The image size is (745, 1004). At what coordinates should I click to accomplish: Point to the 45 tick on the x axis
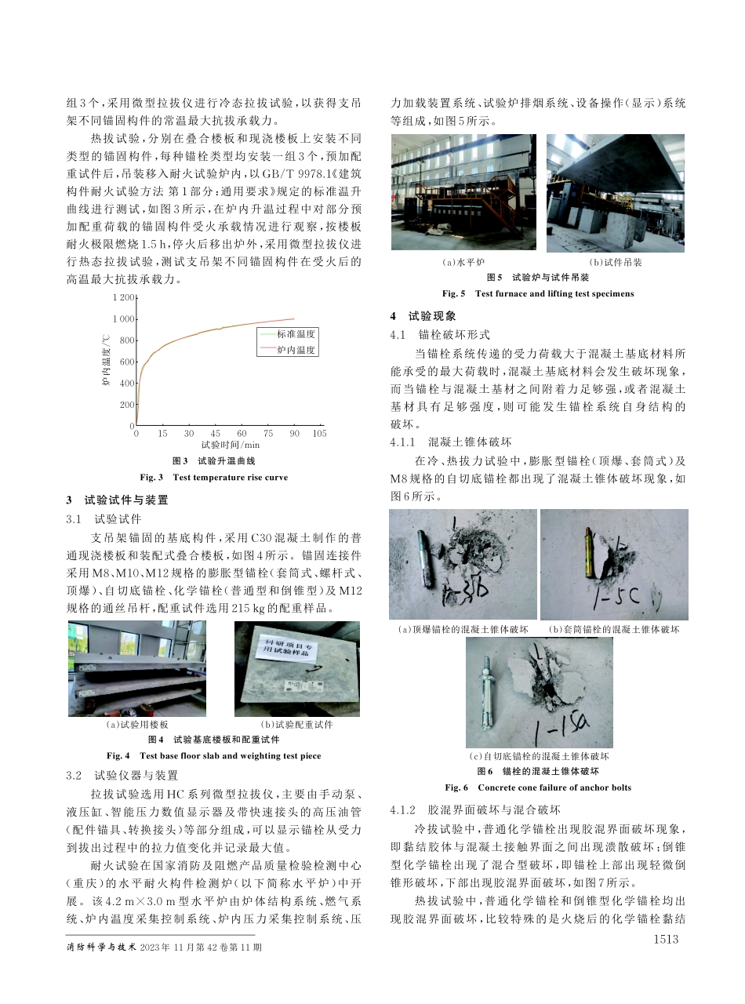(x=215, y=433)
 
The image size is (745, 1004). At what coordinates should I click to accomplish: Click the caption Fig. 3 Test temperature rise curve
(x=213, y=477)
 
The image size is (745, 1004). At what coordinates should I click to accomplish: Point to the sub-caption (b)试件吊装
(x=616, y=262)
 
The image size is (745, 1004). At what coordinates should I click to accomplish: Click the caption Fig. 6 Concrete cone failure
(x=537, y=788)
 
